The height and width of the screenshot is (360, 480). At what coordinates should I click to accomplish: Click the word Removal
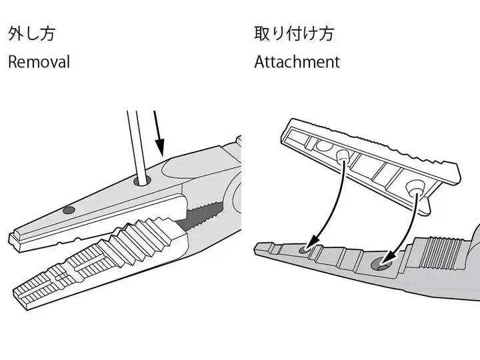39,62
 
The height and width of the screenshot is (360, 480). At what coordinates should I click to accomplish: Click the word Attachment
297,62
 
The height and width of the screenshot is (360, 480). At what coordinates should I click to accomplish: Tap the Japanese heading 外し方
31,33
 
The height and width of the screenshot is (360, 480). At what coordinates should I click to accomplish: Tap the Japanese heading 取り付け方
293,33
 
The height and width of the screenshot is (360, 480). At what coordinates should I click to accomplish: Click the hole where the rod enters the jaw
141,180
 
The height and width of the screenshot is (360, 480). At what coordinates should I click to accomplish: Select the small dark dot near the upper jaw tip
68,209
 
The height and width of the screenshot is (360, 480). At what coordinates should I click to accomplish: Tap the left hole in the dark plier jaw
307,249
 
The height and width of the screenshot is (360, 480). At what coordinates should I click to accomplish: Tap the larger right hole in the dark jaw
383,265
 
